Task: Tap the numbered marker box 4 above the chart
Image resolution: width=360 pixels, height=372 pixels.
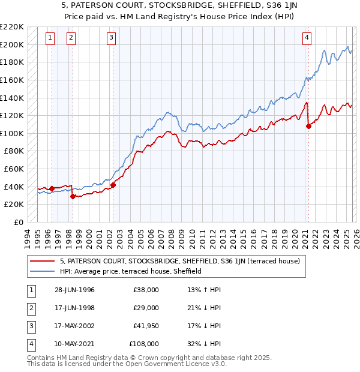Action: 307,38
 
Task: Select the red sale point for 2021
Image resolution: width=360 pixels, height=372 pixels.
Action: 309,126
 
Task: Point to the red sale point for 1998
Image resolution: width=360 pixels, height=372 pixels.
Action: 73,196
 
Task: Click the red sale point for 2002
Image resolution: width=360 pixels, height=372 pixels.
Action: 113,184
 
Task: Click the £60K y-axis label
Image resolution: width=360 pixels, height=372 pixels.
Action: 14,169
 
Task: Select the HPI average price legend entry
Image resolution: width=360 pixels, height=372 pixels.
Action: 130,271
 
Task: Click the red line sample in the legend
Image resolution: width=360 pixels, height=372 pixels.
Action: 42,261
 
